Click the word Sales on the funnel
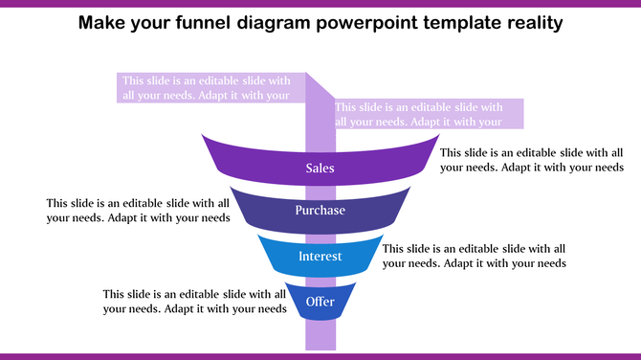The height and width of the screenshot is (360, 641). point(320,169)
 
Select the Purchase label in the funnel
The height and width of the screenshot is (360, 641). point(320,211)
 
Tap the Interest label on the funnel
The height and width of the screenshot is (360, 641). point(320,257)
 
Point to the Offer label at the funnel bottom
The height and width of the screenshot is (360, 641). point(320,303)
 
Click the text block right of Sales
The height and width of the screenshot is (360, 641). point(531,160)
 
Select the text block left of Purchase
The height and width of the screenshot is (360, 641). point(138,210)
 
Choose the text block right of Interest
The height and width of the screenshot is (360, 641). point(474,256)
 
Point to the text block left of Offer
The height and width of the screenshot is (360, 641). point(195,302)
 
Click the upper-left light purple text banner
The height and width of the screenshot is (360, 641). point(206,87)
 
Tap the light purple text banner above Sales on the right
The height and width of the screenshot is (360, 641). point(419,114)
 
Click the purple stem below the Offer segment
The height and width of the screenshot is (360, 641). point(320,335)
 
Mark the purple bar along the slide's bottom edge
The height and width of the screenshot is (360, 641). point(320,356)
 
